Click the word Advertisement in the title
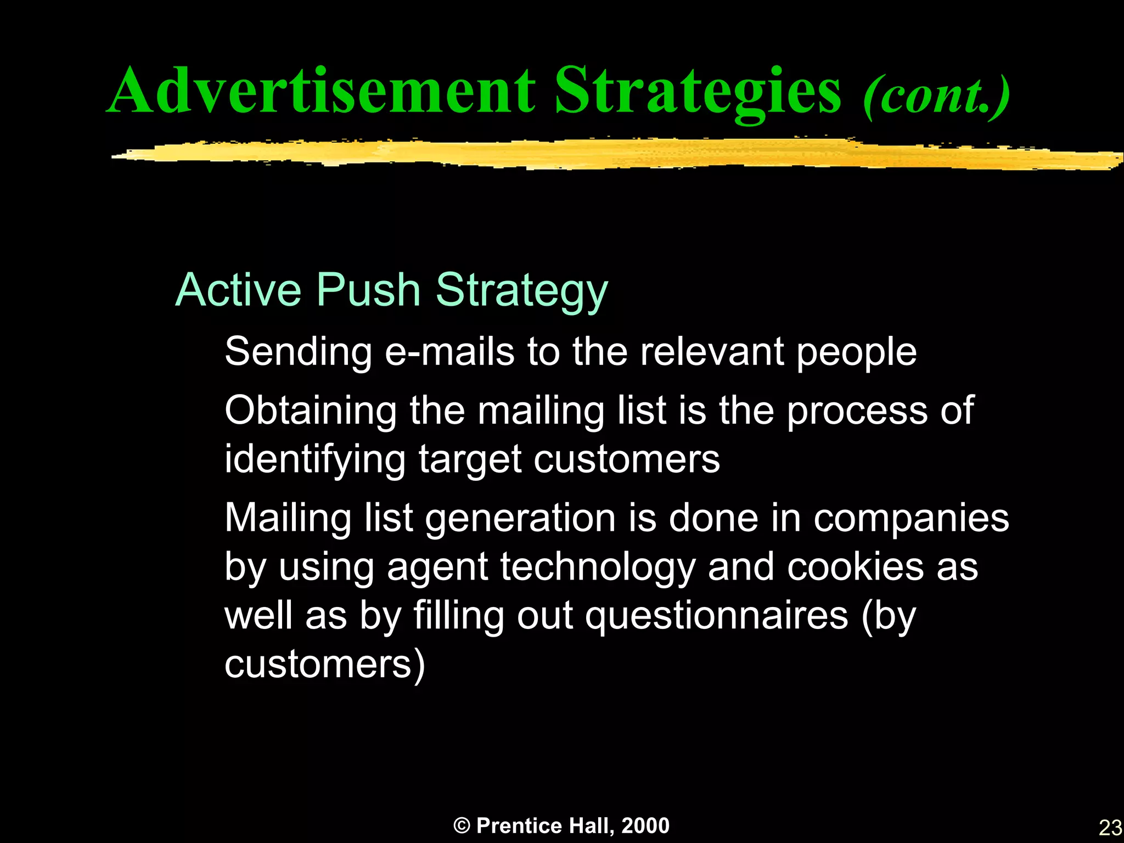click(x=321, y=91)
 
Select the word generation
click(x=520, y=518)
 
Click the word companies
click(x=911, y=518)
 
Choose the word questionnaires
click(x=716, y=616)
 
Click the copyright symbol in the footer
click(x=462, y=825)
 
